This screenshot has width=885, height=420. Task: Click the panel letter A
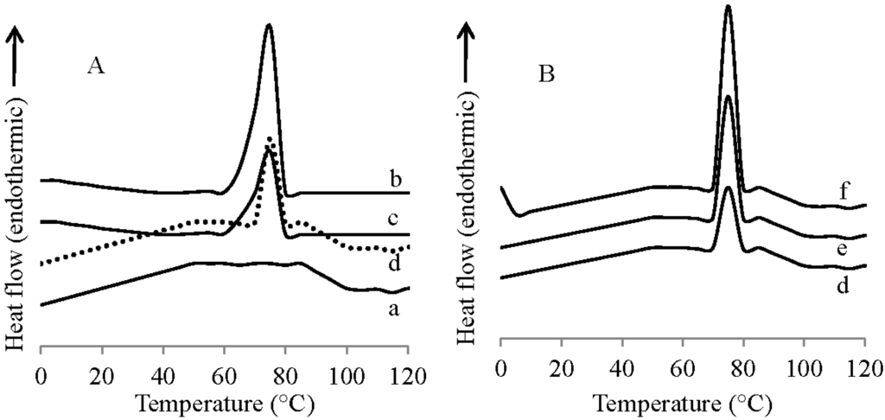point(96,67)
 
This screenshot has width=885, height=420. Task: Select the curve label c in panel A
point(392,220)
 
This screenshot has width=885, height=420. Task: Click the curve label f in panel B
point(843,192)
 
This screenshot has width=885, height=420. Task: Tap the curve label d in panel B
point(843,284)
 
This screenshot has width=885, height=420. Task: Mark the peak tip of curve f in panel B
point(728,6)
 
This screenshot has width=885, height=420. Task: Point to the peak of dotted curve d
point(270,137)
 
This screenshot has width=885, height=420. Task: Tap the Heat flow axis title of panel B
point(474,233)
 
